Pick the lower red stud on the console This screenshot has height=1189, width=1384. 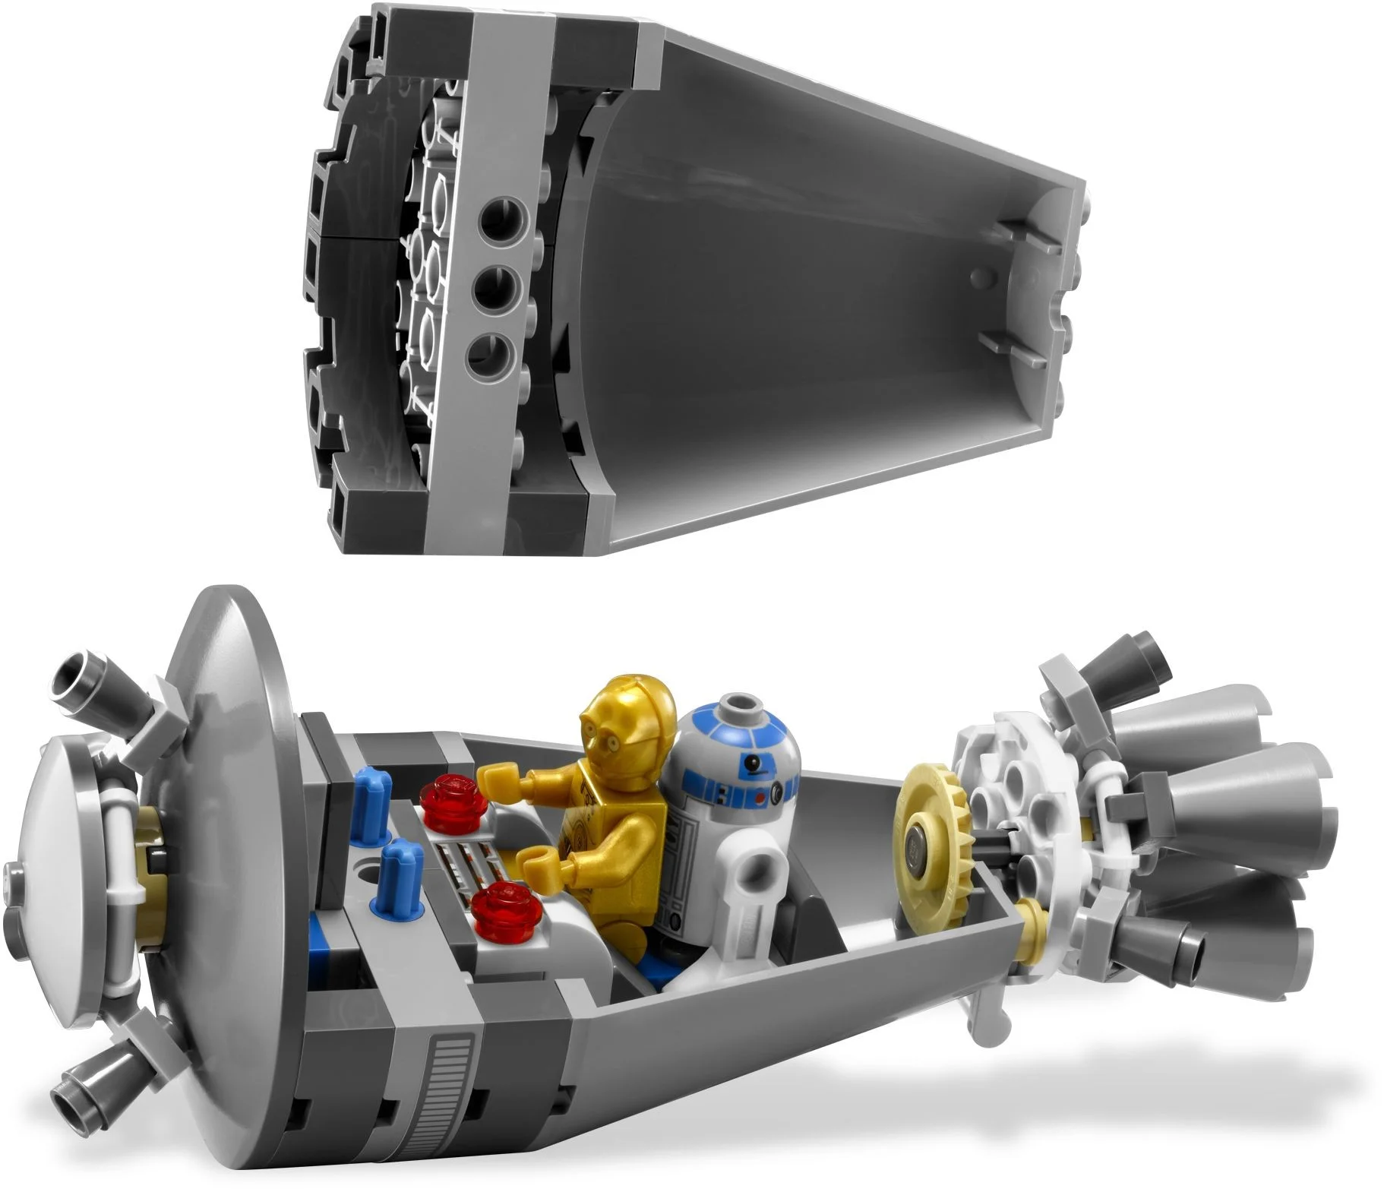coord(498,905)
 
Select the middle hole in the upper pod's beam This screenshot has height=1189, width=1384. coord(493,289)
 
